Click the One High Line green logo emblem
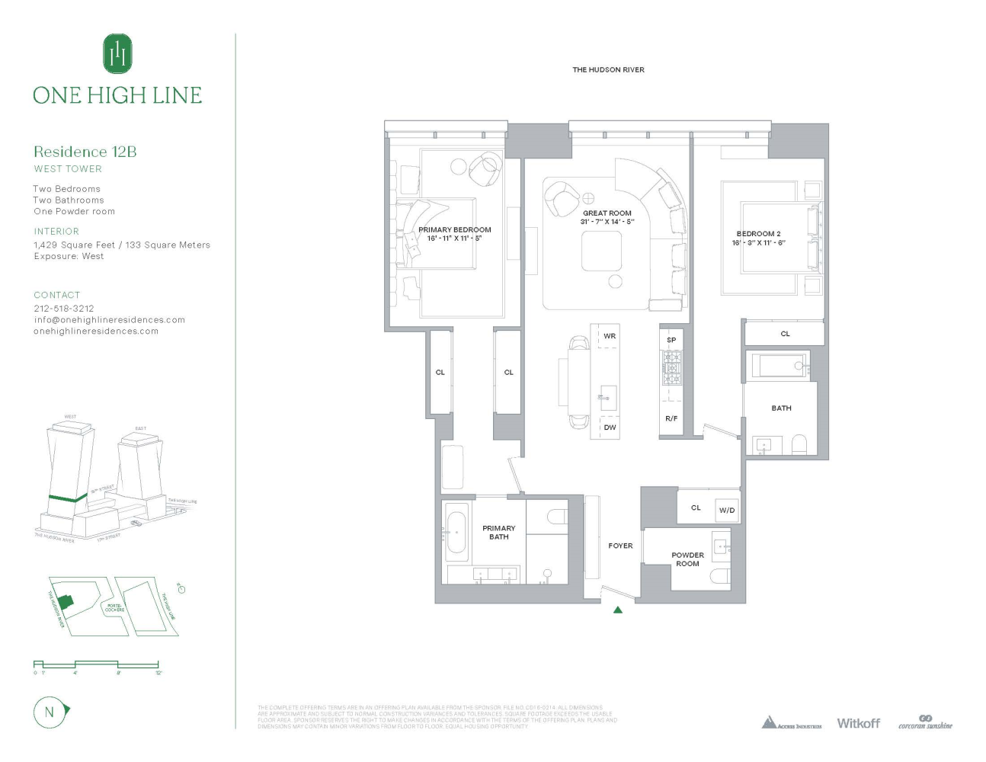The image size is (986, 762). click(x=117, y=53)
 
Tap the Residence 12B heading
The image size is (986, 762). click(x=85, y=152)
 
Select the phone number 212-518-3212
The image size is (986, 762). click(x=64, y=309)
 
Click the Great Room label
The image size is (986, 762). click(x=607, y=213)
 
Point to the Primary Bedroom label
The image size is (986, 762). click(x=455, y=230)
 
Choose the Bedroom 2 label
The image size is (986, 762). click(x=758, y=234)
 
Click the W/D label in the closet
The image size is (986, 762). click(x=727, y=511)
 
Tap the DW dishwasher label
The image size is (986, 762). click(x=610, y=427)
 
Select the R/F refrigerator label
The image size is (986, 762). click(x=671, y=418)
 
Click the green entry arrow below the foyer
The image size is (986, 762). click(x=618, y=610)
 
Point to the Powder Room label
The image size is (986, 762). click(x=687, y=559)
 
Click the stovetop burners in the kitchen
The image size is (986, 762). click(x=671, y=368)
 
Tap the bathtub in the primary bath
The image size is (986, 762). click(x=457, y=531)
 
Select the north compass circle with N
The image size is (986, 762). click(x=50, y=712)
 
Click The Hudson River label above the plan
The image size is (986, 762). click(x=608, y=70)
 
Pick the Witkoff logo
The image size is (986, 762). click(x=858, y=723)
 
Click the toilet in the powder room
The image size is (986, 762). click(x=721, y=576)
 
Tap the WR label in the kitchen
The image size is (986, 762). click(x=610, y=336)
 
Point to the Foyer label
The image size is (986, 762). click(x=620, y=546)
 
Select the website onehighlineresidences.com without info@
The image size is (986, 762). click(x=96, y=331)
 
